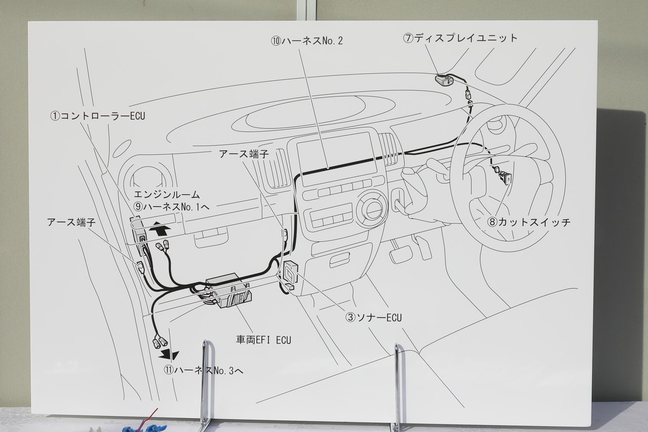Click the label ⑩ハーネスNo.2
[x=307, y=41]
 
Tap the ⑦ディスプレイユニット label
[x=460, y=38]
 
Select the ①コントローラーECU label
[x=97, y=116]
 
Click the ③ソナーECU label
[x=373, y=318]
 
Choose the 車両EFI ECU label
[x=263, y=340]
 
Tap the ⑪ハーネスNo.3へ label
[x=203, y=370]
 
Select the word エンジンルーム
[x=167, y=194]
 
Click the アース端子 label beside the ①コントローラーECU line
[x=71, y=222]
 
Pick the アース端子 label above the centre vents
[x=244, y=154]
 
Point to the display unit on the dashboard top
[x=444, y=80]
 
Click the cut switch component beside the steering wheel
[x=504, y=177]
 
